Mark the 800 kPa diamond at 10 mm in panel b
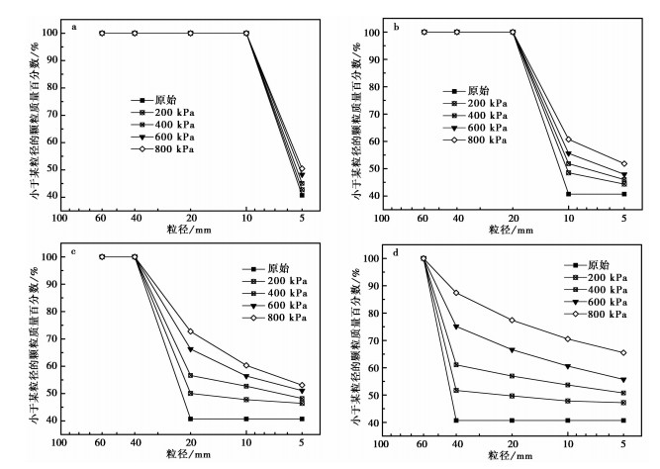point(568,140)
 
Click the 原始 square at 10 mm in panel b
point(568,194)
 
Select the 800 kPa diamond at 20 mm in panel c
point(191,331)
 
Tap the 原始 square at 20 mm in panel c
point(191,419)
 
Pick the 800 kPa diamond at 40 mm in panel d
point(457,293)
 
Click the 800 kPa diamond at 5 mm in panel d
point(624,352)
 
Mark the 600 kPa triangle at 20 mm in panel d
point(513,350)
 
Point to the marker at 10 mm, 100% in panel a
point(246,33)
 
